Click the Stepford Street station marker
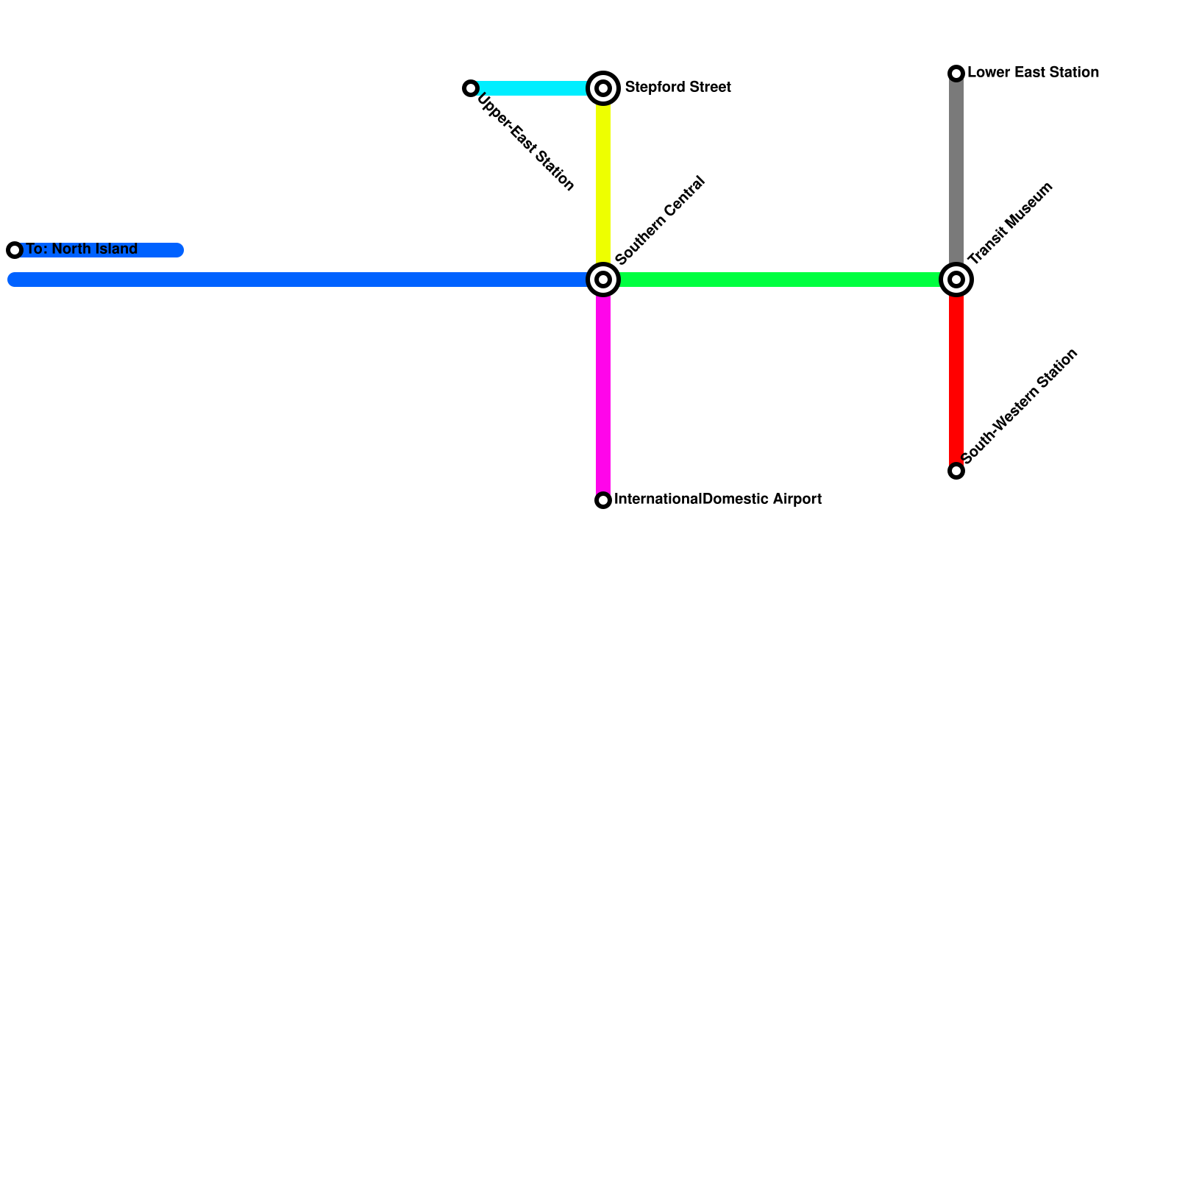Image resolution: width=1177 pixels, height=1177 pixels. tap(603, 88)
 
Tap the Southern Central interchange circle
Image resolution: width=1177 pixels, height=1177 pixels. tap(603, 280)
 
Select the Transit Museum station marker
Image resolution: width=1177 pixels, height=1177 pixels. tap(956, 280)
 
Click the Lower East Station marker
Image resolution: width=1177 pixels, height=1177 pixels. tap(956, 73)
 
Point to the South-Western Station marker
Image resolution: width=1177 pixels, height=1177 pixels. tap(956, 471)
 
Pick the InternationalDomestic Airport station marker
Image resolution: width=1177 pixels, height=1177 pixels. tap(603, 500)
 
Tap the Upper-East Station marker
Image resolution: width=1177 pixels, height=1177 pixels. tap(471, 88)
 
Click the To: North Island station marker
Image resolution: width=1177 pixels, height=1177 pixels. tap(15, 250)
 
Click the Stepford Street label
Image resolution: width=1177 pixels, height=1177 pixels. tap(678, 88)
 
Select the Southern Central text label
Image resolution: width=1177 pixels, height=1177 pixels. tap(660, 221)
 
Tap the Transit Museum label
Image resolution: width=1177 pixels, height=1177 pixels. tap(1011, 223)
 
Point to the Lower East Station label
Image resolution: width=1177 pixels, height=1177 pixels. tap(1033, 73)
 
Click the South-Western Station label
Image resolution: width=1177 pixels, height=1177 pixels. tap(1020, 406)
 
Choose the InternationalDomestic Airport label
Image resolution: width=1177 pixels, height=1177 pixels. tap(717, 499)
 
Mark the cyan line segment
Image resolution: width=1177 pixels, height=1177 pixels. tap(533, 88)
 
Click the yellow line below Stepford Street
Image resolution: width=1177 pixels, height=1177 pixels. tap(603, 184)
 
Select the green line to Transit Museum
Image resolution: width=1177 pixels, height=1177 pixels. tap(780, 280)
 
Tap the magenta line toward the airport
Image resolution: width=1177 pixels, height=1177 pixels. tap(603, 390)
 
